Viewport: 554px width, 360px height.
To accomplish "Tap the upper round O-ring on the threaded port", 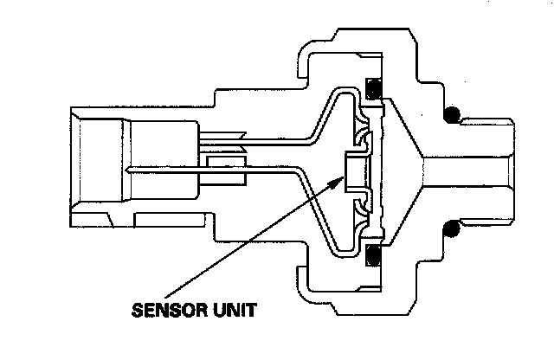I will pyautogui.click(x=450, y=114).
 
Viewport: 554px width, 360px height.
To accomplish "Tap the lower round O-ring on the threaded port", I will pyautogui.click(x=450, y=229).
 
